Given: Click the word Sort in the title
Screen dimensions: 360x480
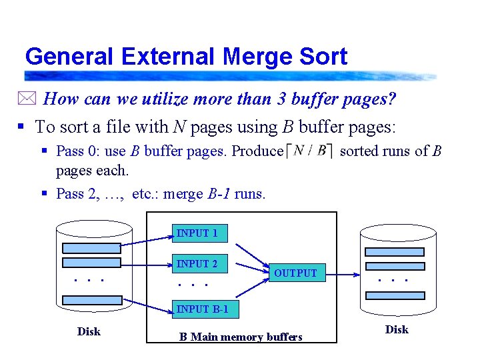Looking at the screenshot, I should tap(323, 57).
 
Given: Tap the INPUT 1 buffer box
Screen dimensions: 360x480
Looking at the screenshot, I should tap(199, 233).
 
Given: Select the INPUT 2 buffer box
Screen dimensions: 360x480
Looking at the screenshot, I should tap(199, 264).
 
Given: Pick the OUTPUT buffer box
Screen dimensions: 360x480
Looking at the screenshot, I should tap(296, 273).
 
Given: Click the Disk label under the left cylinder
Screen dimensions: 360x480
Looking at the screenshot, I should tap(89, 331).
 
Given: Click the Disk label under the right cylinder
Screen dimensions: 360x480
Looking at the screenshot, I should tap(397, 329).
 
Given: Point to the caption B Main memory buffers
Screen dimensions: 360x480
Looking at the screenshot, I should tap(241, 337).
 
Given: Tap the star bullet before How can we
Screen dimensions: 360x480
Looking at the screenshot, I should tap(31, 100).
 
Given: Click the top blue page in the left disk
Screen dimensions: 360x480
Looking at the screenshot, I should tap(91, 245).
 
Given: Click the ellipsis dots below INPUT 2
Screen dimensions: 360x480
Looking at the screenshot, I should tap(193, 285).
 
